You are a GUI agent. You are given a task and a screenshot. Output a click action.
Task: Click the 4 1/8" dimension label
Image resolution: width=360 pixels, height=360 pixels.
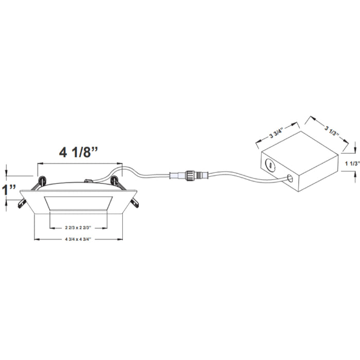79,152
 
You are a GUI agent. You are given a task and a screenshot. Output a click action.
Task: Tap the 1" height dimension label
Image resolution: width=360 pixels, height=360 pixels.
9,190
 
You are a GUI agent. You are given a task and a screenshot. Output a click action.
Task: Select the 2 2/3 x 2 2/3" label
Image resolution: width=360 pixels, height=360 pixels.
78,228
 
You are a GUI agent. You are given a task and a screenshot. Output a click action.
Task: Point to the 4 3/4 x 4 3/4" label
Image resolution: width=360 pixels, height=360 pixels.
78,239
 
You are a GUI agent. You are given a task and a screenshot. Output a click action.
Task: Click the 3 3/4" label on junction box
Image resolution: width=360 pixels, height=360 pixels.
276,133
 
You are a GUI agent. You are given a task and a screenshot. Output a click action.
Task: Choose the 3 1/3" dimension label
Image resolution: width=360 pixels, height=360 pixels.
332,131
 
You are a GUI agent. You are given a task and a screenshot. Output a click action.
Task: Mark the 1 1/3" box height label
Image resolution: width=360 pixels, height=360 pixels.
352,164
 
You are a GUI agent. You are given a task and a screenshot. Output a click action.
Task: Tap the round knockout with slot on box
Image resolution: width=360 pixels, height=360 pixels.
270,165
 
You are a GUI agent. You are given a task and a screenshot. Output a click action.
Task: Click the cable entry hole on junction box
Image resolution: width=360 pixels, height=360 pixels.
290,178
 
